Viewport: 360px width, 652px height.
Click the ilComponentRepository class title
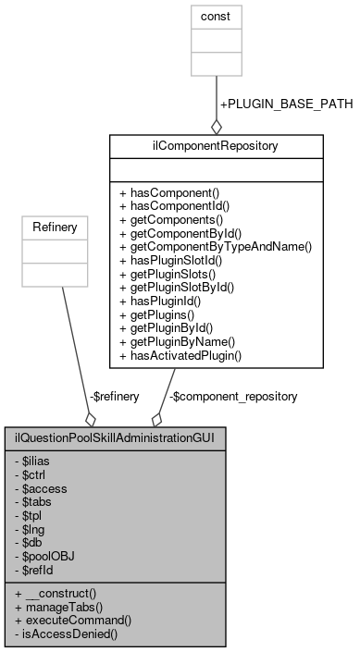216,145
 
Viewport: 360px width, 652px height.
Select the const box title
216,17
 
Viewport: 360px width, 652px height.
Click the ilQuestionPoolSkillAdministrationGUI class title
115,437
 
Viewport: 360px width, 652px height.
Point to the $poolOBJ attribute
47,559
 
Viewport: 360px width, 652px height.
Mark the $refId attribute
40,572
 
